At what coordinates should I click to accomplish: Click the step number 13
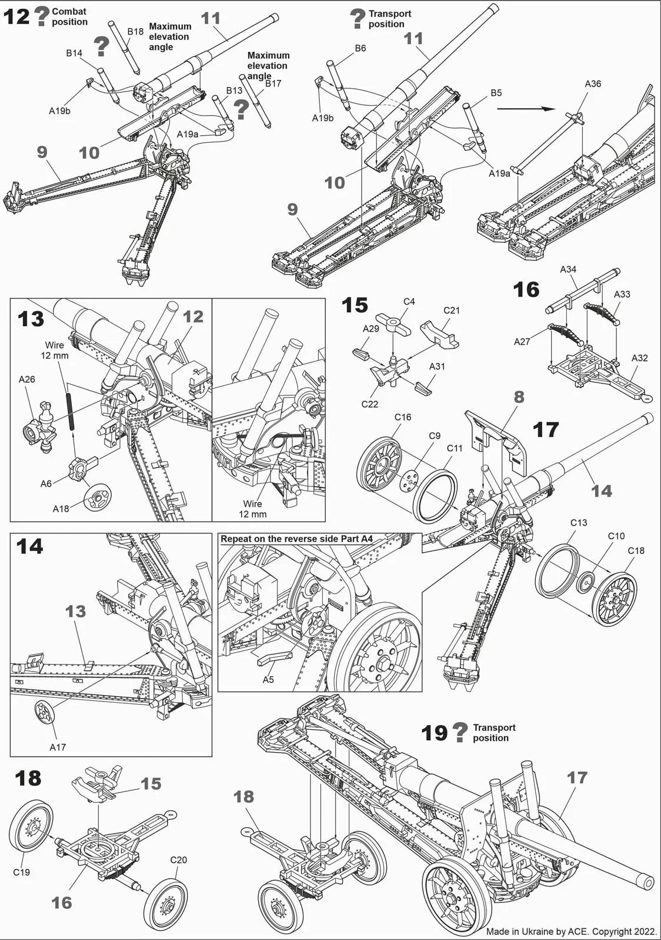31,319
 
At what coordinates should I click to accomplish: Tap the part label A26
27,380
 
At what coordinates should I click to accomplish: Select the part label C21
452,310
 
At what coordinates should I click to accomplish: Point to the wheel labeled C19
31,825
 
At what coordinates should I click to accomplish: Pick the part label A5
268,680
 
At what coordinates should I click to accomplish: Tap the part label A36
593,84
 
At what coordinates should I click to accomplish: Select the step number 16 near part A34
526,290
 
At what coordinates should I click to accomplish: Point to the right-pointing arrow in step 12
526,109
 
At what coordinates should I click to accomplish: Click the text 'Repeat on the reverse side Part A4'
296,539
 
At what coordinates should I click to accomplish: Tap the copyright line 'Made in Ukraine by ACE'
571,931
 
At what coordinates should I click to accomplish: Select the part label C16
403,417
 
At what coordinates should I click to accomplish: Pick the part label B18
135,32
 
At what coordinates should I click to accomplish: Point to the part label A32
639,358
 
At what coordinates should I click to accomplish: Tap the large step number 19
435,733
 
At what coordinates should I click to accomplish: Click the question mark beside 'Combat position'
41,16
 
